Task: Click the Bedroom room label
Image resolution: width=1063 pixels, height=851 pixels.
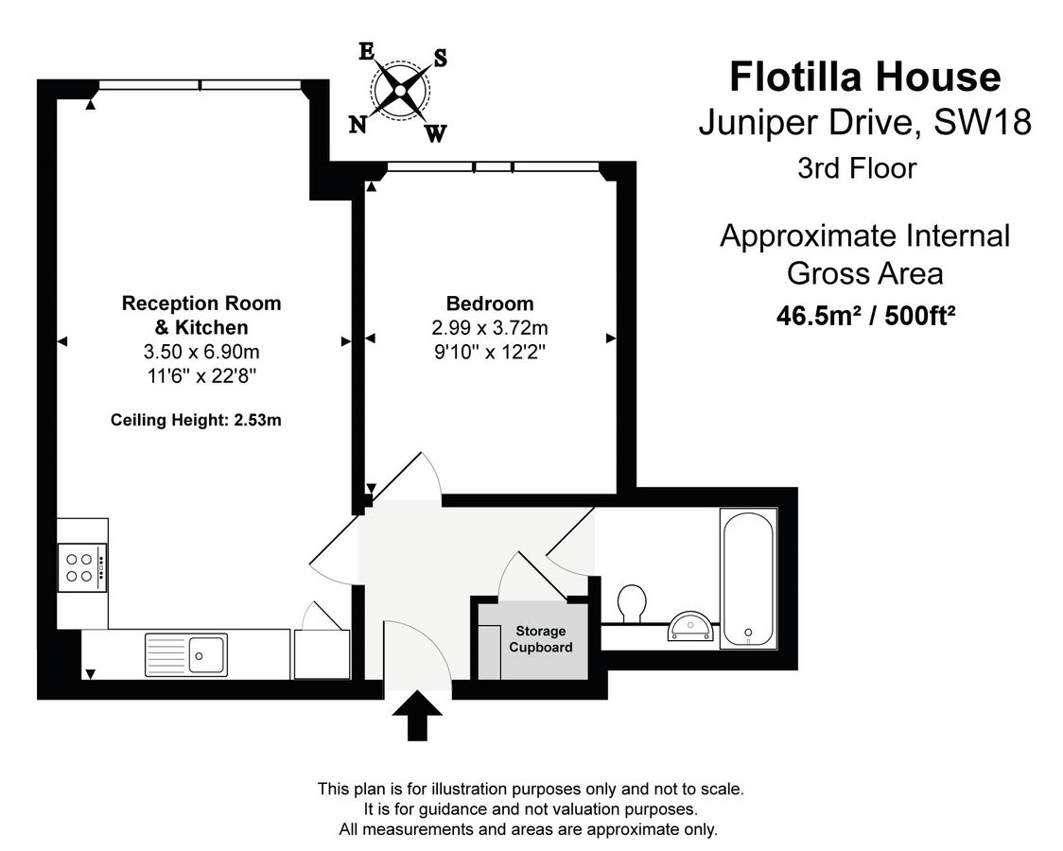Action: coord(490,303)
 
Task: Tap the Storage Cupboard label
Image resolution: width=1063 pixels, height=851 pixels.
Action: coord(540,639)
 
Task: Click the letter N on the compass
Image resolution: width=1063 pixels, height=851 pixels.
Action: coord(357,125)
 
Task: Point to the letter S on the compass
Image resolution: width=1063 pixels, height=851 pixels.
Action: coord(440,59)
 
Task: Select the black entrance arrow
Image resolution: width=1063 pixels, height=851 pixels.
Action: coord(417,716)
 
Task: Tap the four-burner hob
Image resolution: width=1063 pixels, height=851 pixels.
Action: coord(82,567)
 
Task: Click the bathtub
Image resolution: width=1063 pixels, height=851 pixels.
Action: coord(748,578)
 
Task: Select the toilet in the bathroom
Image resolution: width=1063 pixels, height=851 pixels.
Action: coord(632,603)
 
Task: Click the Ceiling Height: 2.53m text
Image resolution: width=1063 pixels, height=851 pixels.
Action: coord(196,420)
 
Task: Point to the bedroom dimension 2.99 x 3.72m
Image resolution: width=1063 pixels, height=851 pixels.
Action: coord(490,328)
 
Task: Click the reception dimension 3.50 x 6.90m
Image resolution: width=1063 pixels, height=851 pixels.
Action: coord(201,352)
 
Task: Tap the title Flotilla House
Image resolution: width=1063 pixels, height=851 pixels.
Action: coord(865,77)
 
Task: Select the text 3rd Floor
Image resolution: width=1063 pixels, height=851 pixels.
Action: coord(857,168)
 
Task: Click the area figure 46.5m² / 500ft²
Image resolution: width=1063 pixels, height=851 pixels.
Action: coord(865,316)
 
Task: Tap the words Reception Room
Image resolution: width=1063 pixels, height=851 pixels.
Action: coord(201,303)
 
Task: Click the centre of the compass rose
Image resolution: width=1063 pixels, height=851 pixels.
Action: coord(400,90)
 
